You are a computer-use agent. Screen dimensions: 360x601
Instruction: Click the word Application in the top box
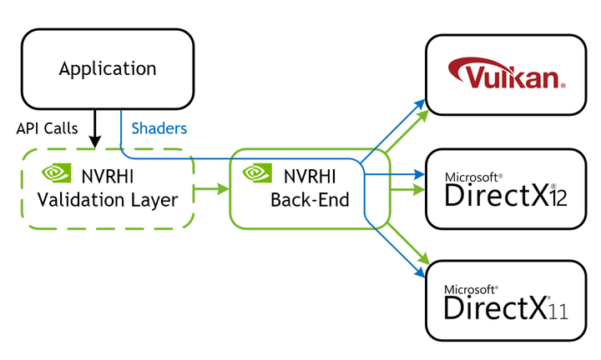click(107, 68)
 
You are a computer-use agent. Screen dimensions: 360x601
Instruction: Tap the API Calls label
click(47, 128)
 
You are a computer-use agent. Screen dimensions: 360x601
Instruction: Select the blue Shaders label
click(159, 128)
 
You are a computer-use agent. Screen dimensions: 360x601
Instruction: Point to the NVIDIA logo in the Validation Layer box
click(57, 174)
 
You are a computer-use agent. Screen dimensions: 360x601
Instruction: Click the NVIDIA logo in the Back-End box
click(256, 174)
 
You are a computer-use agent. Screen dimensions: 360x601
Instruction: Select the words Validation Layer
click(107, 200)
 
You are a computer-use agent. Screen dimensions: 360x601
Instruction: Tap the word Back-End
click(309, 200)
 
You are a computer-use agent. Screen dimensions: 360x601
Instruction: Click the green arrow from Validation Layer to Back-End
click(212, 190)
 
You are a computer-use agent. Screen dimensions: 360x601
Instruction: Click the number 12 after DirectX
click(558, 198)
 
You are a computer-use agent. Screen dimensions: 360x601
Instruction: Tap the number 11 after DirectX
click(558, 311)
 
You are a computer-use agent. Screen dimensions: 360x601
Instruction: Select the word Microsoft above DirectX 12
click(472, 177)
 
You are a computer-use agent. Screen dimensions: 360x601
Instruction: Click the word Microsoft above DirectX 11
click(472, 290)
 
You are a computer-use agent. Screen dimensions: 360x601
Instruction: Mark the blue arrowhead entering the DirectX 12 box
click(421, 175)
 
